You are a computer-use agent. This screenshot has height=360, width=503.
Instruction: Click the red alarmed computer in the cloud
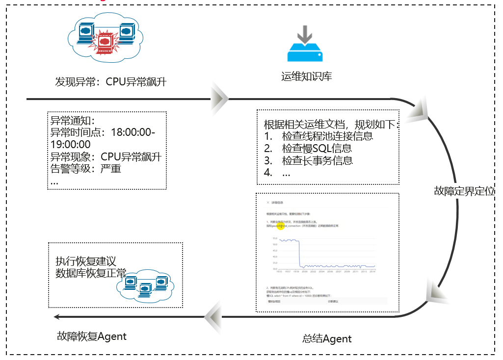104,43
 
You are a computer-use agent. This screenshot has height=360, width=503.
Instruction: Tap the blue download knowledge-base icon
305,45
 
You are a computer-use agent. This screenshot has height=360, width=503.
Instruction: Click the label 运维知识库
306,77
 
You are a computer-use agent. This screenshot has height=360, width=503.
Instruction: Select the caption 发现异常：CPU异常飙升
110,82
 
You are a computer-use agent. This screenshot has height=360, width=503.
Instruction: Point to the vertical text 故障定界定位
464,191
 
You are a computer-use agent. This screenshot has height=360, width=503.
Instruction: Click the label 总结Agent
327,338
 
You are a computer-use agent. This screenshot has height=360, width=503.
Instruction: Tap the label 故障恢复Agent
92,336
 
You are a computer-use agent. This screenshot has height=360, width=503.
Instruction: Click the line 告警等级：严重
86,169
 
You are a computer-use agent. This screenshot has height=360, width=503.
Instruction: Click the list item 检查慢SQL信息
317,148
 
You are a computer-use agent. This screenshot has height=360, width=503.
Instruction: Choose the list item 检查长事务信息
317,160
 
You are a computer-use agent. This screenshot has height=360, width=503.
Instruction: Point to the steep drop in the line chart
299,253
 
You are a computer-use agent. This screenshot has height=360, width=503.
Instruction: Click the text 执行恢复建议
86,261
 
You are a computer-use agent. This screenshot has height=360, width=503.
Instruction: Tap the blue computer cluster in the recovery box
145,283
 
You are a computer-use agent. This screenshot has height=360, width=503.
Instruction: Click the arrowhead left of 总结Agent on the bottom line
214,317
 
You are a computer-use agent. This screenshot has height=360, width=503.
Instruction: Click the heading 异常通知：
72,121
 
